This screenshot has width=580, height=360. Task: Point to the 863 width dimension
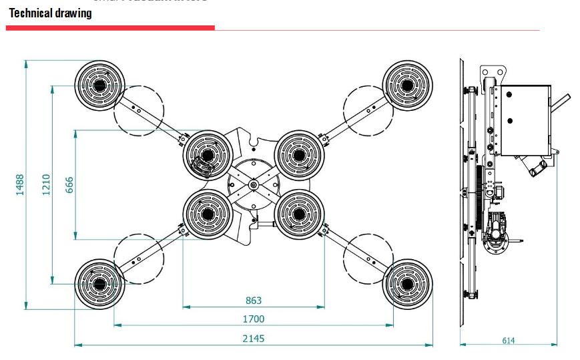point(254,301)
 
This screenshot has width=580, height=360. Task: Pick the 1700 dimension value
point(254,319)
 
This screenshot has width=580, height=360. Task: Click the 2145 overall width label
point(254,339)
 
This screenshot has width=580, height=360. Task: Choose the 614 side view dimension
point(509,341)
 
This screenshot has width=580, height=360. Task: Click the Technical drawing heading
point(51,13)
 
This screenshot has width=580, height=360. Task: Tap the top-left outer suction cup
point(100,85)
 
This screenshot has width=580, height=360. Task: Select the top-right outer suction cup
point(407,85)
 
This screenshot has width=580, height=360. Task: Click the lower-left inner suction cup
point(208,214)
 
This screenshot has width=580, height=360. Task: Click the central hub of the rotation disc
point(254,184)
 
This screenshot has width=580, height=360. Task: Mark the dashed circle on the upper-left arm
point(138,110)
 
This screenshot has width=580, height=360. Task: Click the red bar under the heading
point(110,28)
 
